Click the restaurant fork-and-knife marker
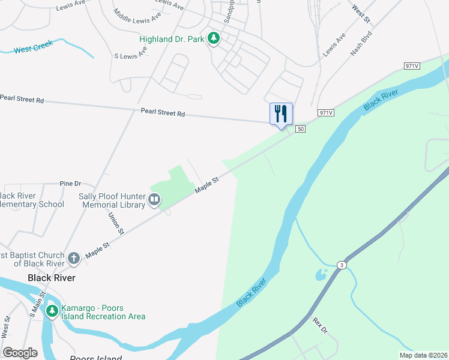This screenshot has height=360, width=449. click(x=280, y=113)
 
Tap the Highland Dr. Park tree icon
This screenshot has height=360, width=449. click(x=213, y=39)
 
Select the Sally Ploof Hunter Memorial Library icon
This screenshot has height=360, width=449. click(x=154, y=199)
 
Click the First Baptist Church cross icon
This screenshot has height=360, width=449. click(x=73, y=259)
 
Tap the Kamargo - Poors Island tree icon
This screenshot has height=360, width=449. click(x=52, y=311)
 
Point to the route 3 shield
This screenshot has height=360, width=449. click(x=342, y=265)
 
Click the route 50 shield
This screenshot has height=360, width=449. click(x=301, y=129)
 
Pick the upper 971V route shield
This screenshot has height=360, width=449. click(x=411, y=65)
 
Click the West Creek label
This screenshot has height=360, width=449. click(x=34, y=46)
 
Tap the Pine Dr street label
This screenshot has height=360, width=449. click(x=70, y=184)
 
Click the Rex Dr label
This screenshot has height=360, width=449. click(x=321, y=326)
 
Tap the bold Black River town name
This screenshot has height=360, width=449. click(x=52, y=278)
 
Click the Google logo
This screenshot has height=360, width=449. click(x=20, y=353)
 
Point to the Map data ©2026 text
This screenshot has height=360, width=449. click(x=423, y=355)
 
